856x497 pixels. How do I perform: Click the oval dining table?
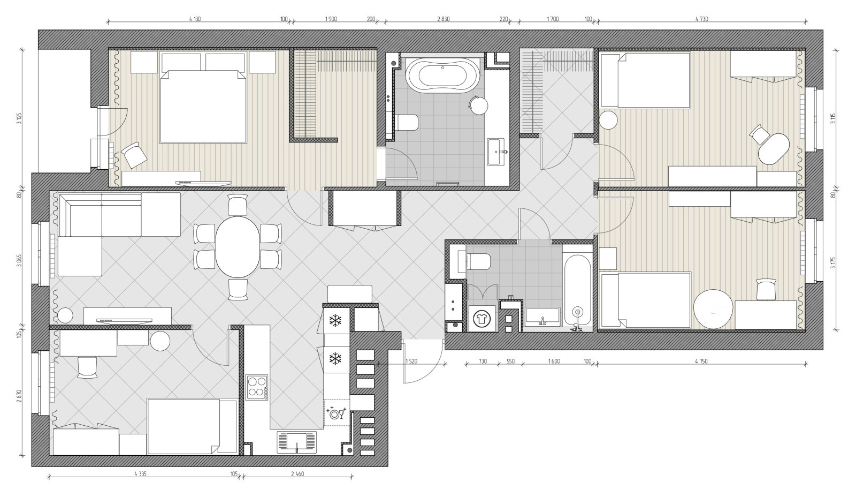pyautogui.click(x=238, y=247)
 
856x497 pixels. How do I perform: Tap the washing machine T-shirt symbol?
pyautogui.click(x=481, y=318)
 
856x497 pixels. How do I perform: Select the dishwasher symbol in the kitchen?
pyautogui.click(x=337, y=413)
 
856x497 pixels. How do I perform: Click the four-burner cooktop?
pyautogui.click(x=257, y=387)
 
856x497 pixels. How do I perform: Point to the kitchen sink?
pyautogui.click(x=297, y=442)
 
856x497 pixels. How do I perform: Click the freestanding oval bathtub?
pyautogui.click(x=442, y=74)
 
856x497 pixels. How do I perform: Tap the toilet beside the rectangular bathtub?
pyautogui.click(x=478, y=262)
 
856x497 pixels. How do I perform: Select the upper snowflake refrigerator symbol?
pyautogui.click(x=335, y=321)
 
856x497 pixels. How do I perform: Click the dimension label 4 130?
pyautogui.click(x=195, y=19)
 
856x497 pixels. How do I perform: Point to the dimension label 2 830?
pyautogui.click(x=444, y=19)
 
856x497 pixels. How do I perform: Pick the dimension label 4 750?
pyautogui.click(x=701, y=361)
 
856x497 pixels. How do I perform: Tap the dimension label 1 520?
pyautogui.click(x=411, y=361)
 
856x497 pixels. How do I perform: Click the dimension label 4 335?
pyautogui.click(x=140, y=473)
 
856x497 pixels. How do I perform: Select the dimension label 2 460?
pyautogui.click(x=297, y=473)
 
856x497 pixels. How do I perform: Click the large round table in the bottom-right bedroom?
pyautogui.click(x=714, y=309)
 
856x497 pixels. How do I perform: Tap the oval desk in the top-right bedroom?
pyautogui.click(x=774, y=148)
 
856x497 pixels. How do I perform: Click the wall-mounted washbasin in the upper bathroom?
pyautogui.click(x=496, y=152)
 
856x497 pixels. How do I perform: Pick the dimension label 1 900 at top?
pyautogui.click(x=331, y=19)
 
